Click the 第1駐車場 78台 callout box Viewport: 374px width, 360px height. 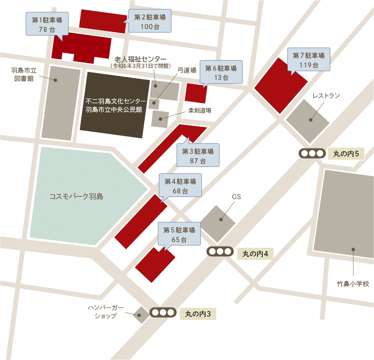pos(47,24)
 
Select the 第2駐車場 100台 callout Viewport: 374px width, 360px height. pos(150,21)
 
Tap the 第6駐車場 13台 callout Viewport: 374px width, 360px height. pos(221,72)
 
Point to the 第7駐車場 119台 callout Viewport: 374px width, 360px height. pos(308,60)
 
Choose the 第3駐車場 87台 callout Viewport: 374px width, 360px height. pos(198,155)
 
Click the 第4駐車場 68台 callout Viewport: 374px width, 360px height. pos(180,186)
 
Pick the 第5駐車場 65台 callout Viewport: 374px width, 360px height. pos(179,234)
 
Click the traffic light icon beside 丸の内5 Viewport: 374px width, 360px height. pos(312,153)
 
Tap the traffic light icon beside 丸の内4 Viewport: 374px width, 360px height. pos(220,252)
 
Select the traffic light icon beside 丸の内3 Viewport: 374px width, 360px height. pos(163,312)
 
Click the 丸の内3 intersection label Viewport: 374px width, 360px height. pos(198,314)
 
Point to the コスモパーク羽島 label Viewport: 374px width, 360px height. pos(76,197)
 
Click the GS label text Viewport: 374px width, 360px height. pos(237,197)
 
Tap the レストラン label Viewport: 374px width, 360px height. pos(326,96)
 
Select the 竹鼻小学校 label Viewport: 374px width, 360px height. pos(353,284)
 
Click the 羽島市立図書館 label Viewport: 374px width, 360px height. pos(24,74)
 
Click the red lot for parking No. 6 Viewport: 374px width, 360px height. pos(196,93)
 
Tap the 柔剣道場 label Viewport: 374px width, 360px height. pos(199,111)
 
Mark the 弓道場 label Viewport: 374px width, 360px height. pos(187,70)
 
